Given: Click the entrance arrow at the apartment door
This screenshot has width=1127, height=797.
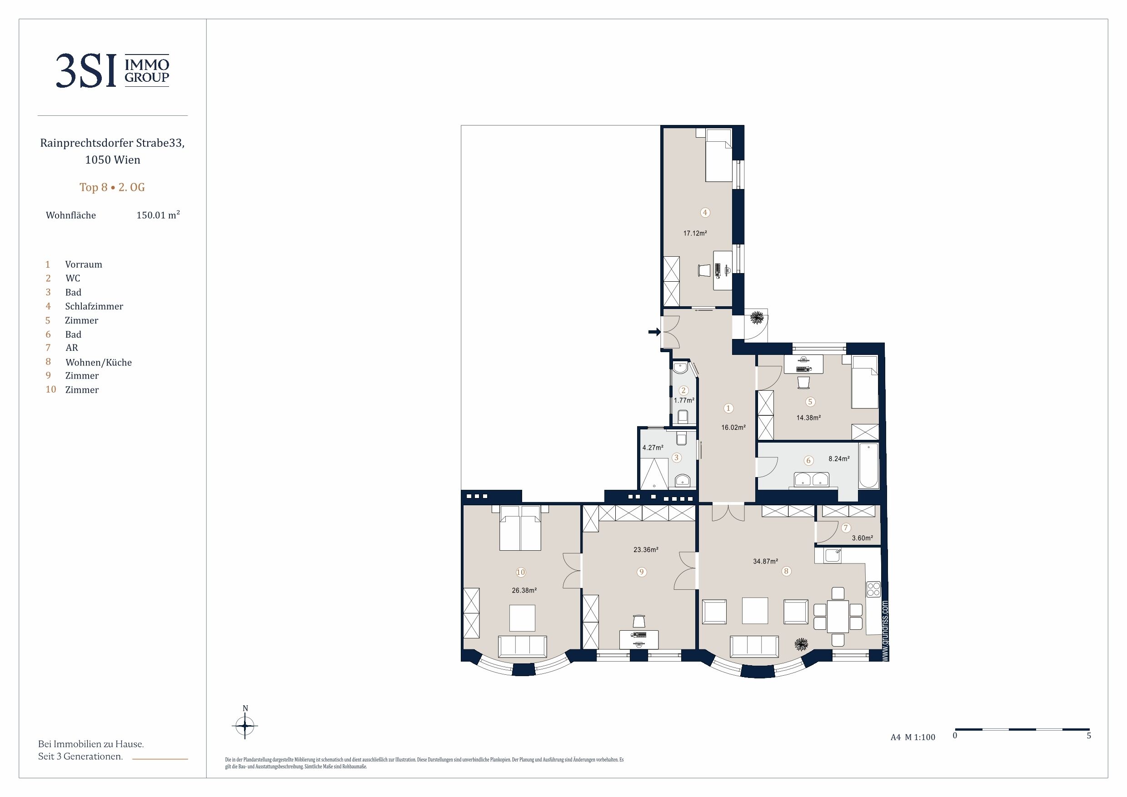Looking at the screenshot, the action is [654, 332].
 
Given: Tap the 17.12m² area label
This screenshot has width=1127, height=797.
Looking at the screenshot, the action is [695, 234].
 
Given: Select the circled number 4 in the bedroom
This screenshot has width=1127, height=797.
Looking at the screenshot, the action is [705, 213].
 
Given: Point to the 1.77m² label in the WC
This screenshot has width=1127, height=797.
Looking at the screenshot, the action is [684, 400].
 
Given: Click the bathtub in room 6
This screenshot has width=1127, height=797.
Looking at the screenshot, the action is [868, 466].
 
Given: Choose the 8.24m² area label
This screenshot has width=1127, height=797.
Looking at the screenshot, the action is [839, 459].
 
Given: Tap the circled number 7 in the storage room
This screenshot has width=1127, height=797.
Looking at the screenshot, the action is [846, 528].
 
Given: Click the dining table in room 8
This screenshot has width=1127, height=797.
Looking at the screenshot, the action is [838, 617].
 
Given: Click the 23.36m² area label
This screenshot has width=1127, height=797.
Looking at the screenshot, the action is [646, 550].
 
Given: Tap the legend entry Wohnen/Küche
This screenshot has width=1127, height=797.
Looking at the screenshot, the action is [98, 362].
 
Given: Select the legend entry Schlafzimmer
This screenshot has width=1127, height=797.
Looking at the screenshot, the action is [94, 306].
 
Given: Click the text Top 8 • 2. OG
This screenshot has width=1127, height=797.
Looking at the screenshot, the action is [112, 187].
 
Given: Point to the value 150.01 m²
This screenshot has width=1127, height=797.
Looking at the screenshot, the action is [158, 215].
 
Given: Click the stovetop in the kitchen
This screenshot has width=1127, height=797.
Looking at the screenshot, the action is [874, 589].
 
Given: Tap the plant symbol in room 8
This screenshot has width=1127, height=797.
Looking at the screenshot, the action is [802, 644].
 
